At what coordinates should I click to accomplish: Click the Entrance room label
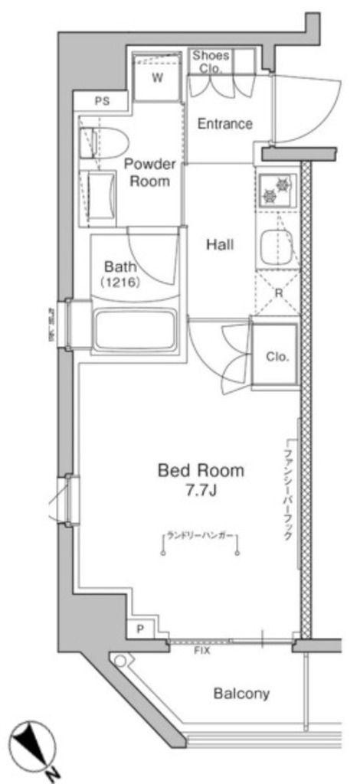tap(224, 123)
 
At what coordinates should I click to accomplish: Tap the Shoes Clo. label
tap(211, 60)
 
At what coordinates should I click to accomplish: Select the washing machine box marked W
tap(158, 77)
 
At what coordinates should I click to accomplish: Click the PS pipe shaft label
tap(102, 100)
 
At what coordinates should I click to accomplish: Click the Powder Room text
tap(150, 172)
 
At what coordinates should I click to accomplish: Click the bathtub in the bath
tap(135, 328)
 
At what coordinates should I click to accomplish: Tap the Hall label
tap(220, 245)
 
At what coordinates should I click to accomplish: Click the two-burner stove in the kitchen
tap(276, 189)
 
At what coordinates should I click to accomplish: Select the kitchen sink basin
tap(277, 247)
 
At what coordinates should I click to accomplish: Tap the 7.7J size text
tap(201, 491)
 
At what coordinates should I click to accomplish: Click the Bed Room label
tap(201, 470)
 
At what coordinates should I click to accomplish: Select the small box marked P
tap(140, 629)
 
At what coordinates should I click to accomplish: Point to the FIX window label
tap(202, 649)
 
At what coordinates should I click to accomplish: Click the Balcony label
tap(241, 694)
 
